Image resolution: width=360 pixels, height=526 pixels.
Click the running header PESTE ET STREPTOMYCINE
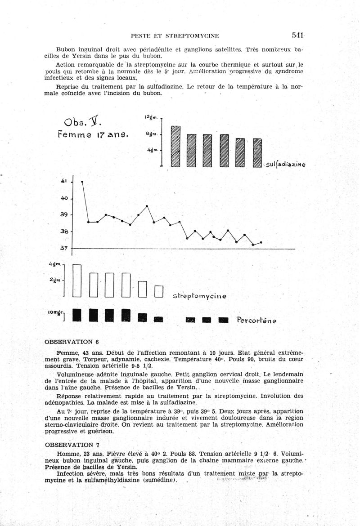[x=175, y=36]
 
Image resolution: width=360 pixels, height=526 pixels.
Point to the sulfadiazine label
[x=285, y=165]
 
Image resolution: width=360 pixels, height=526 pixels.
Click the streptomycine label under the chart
[x=199, y=296]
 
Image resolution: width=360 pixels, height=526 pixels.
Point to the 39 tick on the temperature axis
[x=64, y=215]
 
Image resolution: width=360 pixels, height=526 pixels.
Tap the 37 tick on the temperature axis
[x=64, y=248]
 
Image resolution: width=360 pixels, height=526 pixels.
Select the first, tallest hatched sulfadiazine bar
[x=176, y=146]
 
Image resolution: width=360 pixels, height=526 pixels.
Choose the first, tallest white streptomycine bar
[x=77, y=281]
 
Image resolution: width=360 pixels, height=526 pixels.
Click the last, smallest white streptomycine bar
[x=158, y=291]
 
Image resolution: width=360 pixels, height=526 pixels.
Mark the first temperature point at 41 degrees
[x=82, y=182]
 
